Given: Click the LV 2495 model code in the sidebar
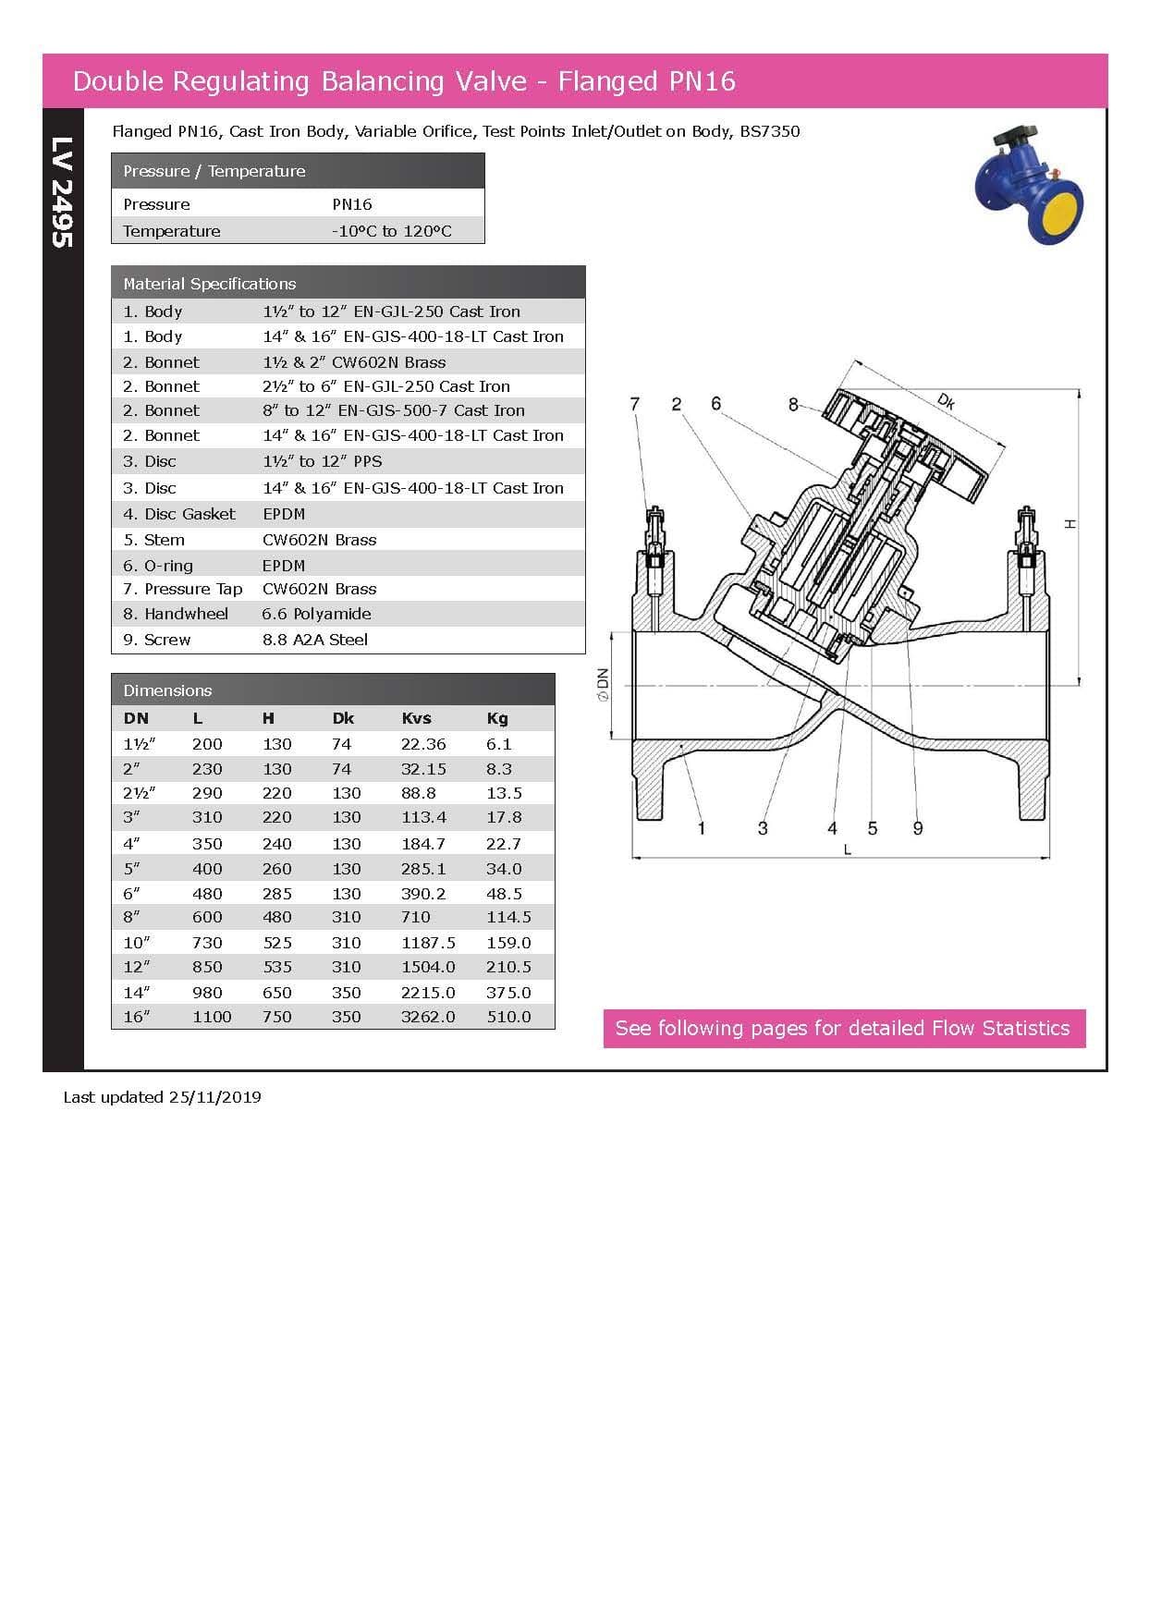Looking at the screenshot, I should pyautogui.click(x=61, y=192).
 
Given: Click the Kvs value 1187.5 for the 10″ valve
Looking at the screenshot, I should pyautogui.click(x=428, y=943).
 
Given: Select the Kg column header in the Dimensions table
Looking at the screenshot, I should pyautogui.click(x=497, y=718).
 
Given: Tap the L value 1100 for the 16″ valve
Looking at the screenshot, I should pyautogui.click(x=212, y=1017).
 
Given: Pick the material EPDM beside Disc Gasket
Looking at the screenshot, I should pyautogui.click(x=284, y=514).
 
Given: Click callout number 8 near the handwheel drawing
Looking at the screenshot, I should pyautogui.click(x=793, y=404).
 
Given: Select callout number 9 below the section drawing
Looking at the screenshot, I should pyautogui.click(x=918, y=828).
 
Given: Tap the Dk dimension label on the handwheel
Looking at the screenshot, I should pyautogui.click(x=946, y=401).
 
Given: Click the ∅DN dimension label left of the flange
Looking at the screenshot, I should pyautogui.click(x=603, y=685).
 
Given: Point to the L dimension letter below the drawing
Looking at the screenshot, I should pyautogui.click(x=847, y=849).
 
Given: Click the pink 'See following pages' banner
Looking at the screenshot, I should pyautogui.click(x=843, y=1029).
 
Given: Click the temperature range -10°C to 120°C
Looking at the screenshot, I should pyautogui.click(x=392, y=231).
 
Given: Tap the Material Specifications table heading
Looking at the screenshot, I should pyautogui.click(x=210, y=284).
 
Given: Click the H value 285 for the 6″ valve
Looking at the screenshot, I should pyautogui.click(x=276, y=894).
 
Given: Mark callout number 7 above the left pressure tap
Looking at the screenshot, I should pyautogui.click(x=634, y=404).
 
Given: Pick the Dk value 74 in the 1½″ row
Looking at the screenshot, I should pyautogui.click(x=342, y=744).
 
